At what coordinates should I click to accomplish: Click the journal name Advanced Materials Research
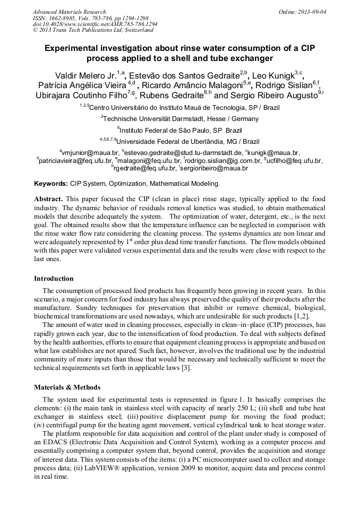[69, 11]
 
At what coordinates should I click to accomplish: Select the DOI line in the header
[95, 24]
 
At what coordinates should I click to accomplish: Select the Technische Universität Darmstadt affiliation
[181, 118]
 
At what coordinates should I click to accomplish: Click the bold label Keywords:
[50, 184]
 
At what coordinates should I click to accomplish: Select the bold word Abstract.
[48, 199]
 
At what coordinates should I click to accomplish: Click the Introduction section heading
[54, 279]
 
